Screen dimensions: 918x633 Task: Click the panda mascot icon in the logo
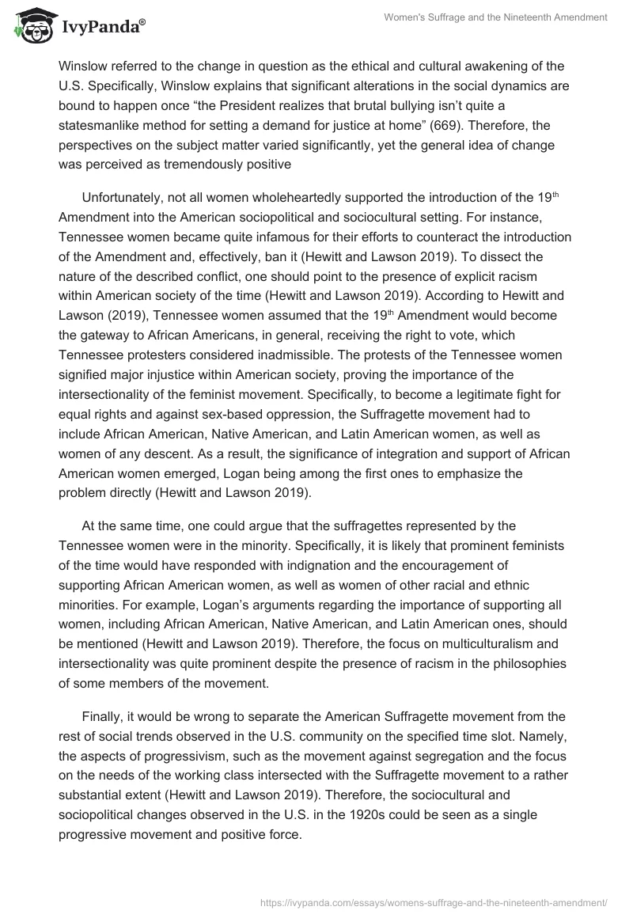32,28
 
